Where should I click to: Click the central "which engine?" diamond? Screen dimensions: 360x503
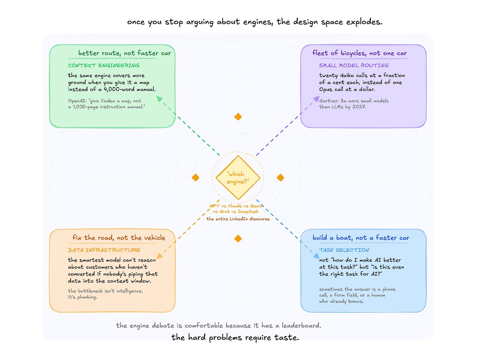point(238,178)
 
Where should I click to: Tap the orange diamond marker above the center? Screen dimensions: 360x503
point(238,117)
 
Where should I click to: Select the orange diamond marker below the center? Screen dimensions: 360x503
point(238,238)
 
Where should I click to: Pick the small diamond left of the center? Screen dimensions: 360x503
point(196,178)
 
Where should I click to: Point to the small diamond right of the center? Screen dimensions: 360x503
point(281,178)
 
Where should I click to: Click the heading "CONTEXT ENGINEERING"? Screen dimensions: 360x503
point(104,65)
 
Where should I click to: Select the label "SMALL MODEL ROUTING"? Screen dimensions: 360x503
point(354,65)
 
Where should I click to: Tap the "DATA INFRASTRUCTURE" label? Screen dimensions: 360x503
point(104,250)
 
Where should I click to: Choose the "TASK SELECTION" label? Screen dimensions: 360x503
point(344,250)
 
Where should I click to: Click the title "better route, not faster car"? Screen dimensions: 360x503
point(124,53)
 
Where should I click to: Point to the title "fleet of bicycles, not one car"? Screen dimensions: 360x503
point(360,53)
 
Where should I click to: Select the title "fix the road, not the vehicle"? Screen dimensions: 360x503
point(119,238)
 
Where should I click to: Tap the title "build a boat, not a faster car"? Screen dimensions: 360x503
point(361,238)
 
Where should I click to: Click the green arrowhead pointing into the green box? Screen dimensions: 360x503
point(160,99)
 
